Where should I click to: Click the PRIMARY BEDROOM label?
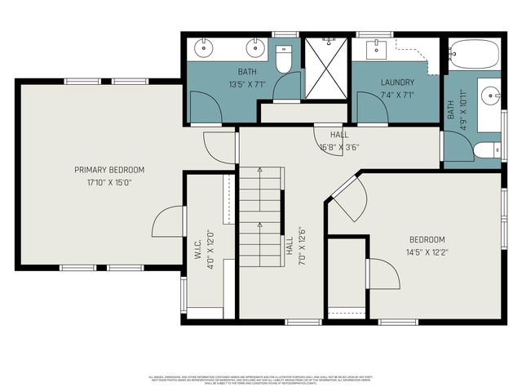(x=109, y=170)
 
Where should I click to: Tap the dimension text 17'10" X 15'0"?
(x=109, y=182)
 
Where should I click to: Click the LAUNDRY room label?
(x=397, y=82)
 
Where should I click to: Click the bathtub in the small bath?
(x=474, y=53)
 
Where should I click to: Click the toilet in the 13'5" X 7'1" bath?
(x=284, y=60)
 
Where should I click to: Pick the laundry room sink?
(x=376, y=47)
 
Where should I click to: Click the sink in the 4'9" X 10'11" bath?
(x=489, y=98)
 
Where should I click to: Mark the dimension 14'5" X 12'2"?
(x=427, y=252)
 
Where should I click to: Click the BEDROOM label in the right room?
(x=427, y=239)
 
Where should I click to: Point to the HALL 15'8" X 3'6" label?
(x=340, y=140)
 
